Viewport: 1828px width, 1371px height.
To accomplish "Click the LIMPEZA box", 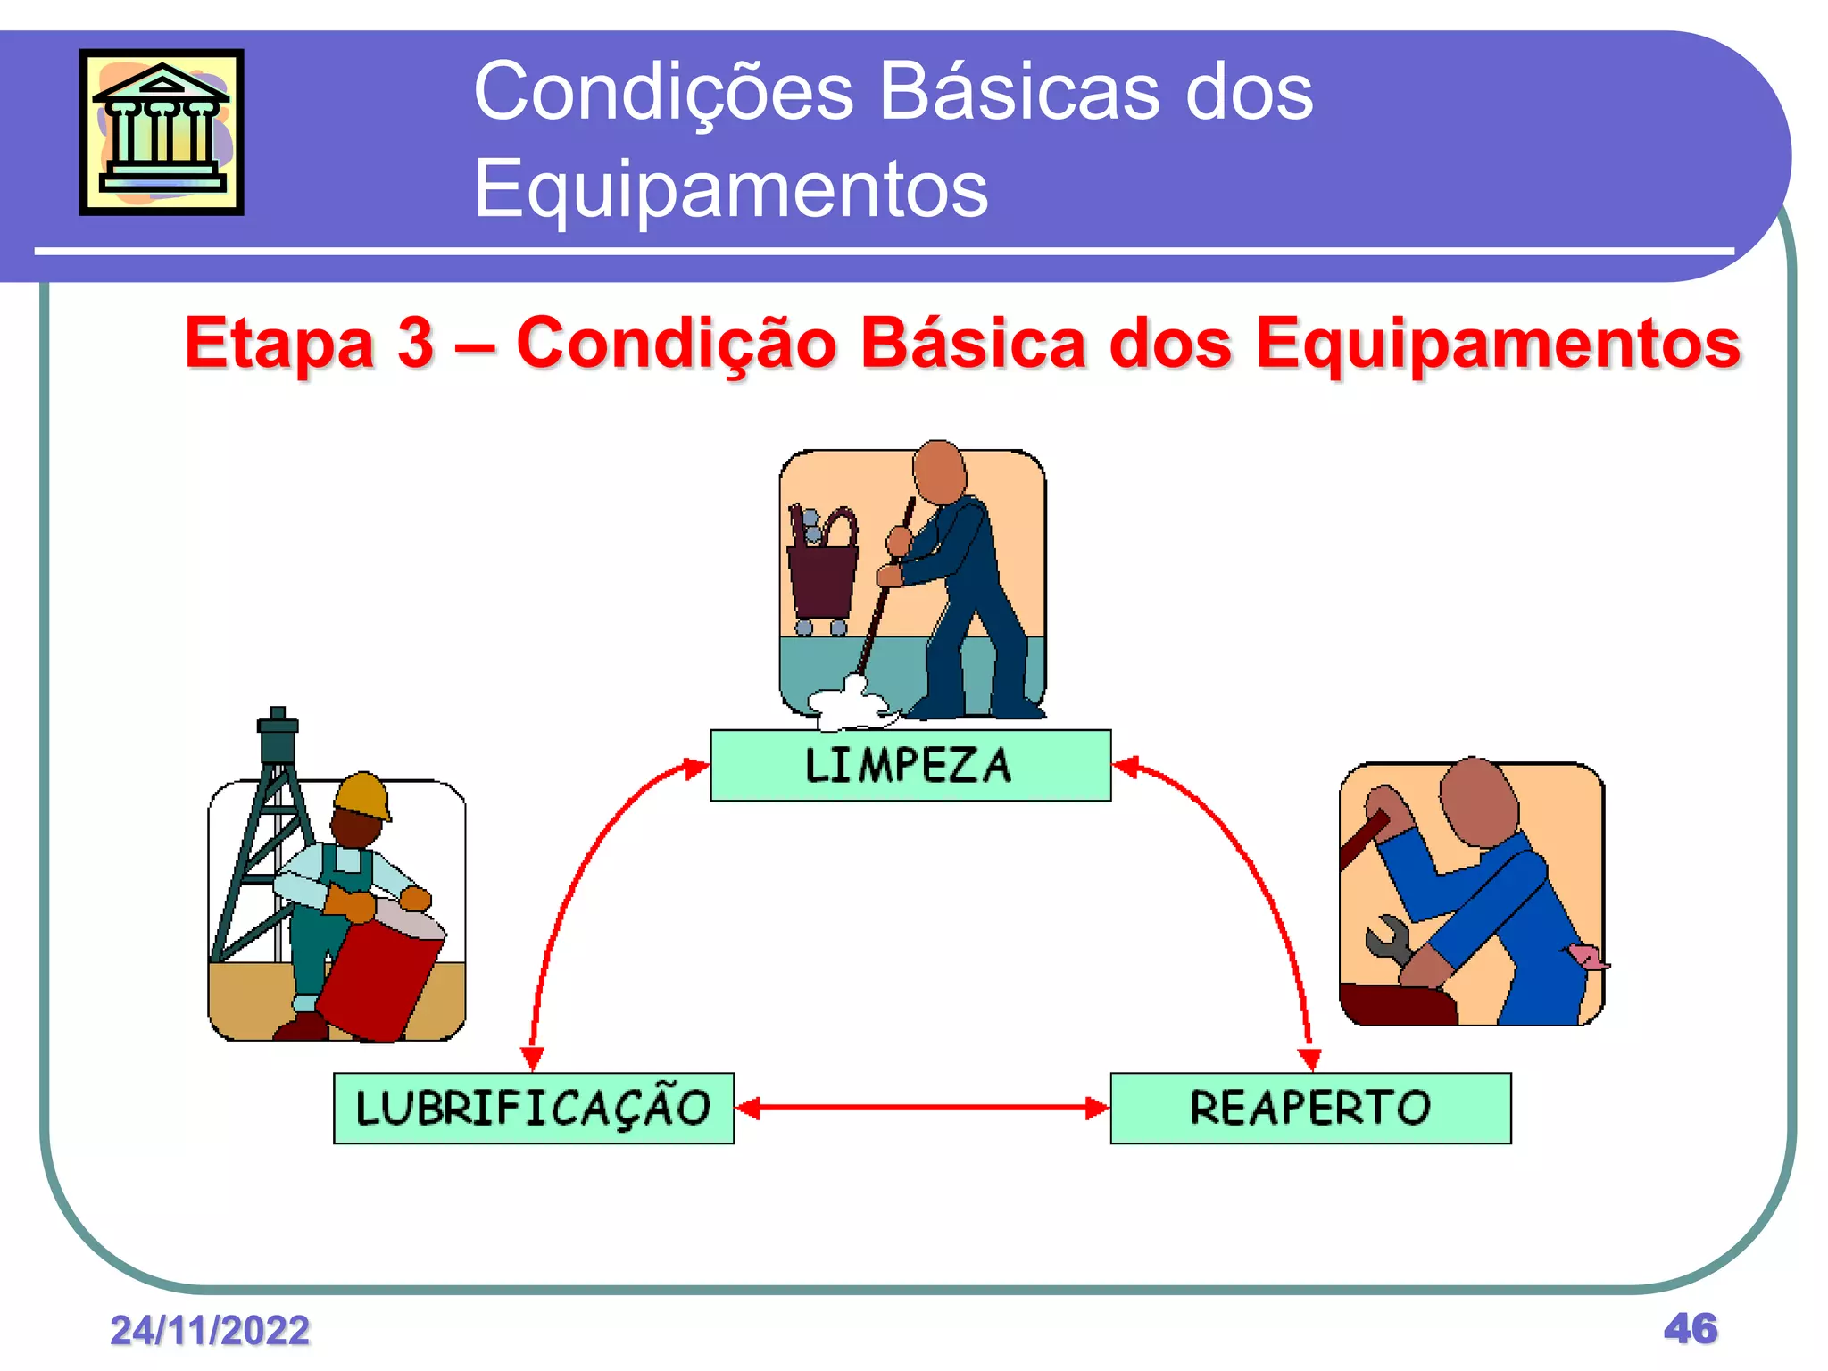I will (910, 765).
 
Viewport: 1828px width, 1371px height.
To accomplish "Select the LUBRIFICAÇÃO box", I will (534, 1108).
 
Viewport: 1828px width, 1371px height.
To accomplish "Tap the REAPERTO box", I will (1310, 1108).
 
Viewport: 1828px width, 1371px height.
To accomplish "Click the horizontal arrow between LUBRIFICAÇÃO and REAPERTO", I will (922, 1108).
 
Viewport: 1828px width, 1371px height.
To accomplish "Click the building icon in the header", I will (162, 132).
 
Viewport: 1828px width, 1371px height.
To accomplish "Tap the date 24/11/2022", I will (210, 1330).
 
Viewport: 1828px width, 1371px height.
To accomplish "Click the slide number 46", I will (1690, 1328).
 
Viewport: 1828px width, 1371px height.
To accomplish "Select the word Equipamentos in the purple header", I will (730, 188).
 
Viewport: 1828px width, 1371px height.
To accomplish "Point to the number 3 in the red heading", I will (415, 343).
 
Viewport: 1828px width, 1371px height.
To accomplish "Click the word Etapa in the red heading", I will (278, 343).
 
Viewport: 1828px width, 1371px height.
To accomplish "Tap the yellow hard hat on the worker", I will (362, 794).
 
